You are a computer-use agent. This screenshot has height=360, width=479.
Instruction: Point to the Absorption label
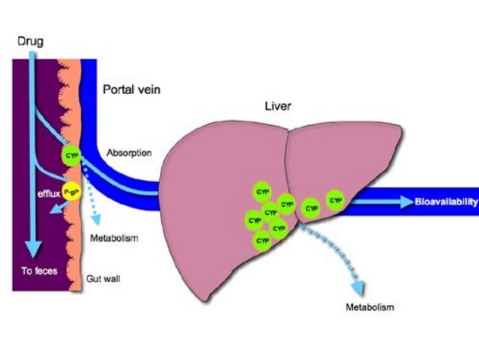(x=129, y=153)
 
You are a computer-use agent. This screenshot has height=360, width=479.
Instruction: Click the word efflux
(x=49, y=192)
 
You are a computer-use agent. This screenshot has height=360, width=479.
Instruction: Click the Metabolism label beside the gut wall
(x=114, y=239)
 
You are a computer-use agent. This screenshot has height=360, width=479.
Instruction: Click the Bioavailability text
(x=446, y=201)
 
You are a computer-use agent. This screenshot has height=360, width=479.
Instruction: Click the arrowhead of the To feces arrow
(x=32, y=248)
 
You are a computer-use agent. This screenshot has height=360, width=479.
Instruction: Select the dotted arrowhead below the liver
(x=360, y=288)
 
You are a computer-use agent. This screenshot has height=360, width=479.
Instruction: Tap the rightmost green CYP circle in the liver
(x=336, y=201)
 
